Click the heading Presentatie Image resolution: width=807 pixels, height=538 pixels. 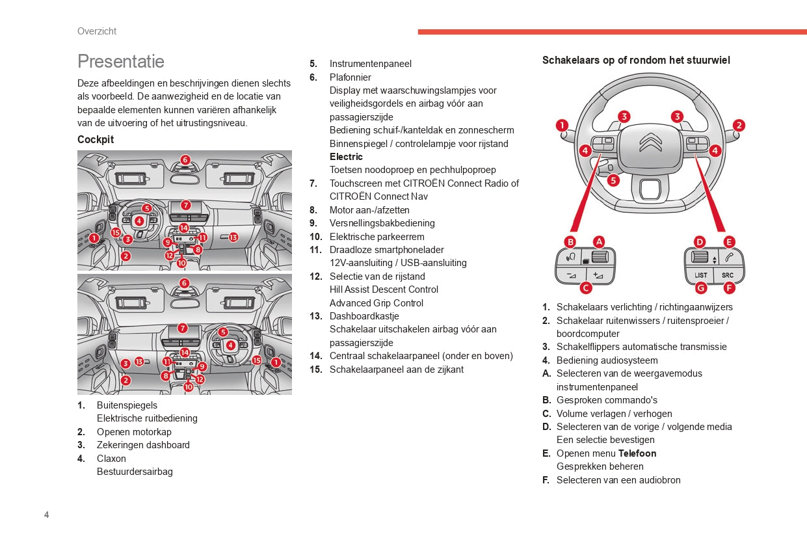pyautogui.click(x=121, y=61)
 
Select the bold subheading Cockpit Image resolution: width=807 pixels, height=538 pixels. pyautogui.click(x=96, y=139)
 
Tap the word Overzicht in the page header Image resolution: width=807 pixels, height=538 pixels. pyautogui.click(x=97, y=31)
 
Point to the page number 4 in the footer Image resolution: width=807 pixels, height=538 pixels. pyautogui.click(x=47, y=515)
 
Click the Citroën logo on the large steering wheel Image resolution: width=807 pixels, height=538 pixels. pyautogui.click(x=650, y=142)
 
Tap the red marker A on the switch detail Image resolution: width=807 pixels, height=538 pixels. pyautogui.click(x=598, y=241)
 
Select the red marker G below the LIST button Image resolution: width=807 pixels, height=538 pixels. pyautogui.click(x=700, y=288)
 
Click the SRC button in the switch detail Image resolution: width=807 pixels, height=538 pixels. pyautogui.click(x=727, y=275)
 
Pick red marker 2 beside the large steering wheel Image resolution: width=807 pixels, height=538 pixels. pyautogui.click(x=739, y=126)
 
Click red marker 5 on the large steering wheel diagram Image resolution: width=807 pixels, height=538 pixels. pyautogui.click(x=613, y=181)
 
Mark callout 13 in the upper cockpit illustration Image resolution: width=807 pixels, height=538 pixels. pyautogui.click(x=233, y=237)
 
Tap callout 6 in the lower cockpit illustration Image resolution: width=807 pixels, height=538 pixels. pyautogui.click(x=185, y=283)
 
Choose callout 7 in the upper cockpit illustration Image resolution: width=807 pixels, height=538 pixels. pyautogui.click(x=185, y=205)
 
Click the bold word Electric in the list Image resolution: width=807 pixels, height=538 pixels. pyautogui.click(x=346, y=157)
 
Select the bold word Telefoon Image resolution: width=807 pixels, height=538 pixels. pyautogui.click(x=637, y=453)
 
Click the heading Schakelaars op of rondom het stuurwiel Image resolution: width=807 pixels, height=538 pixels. pyautogui.click(x=636, y=61)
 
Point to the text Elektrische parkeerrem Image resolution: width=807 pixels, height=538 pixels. pyautogui.click(x=377, y=237)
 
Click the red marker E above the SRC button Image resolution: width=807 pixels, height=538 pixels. pyautogui.click(x=729, y=242)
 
